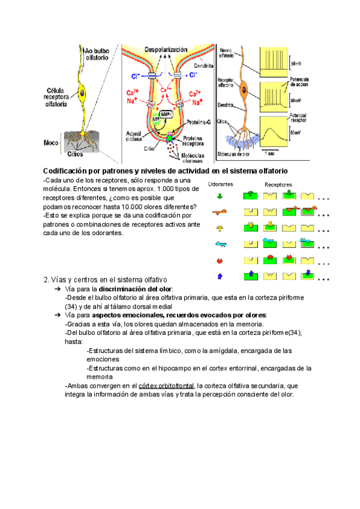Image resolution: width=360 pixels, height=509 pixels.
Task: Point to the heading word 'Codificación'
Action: (x=68, y=172)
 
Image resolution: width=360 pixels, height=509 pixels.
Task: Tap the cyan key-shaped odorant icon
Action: (x=220, y=244)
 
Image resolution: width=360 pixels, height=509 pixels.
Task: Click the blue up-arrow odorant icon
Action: (x=219, y=276)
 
